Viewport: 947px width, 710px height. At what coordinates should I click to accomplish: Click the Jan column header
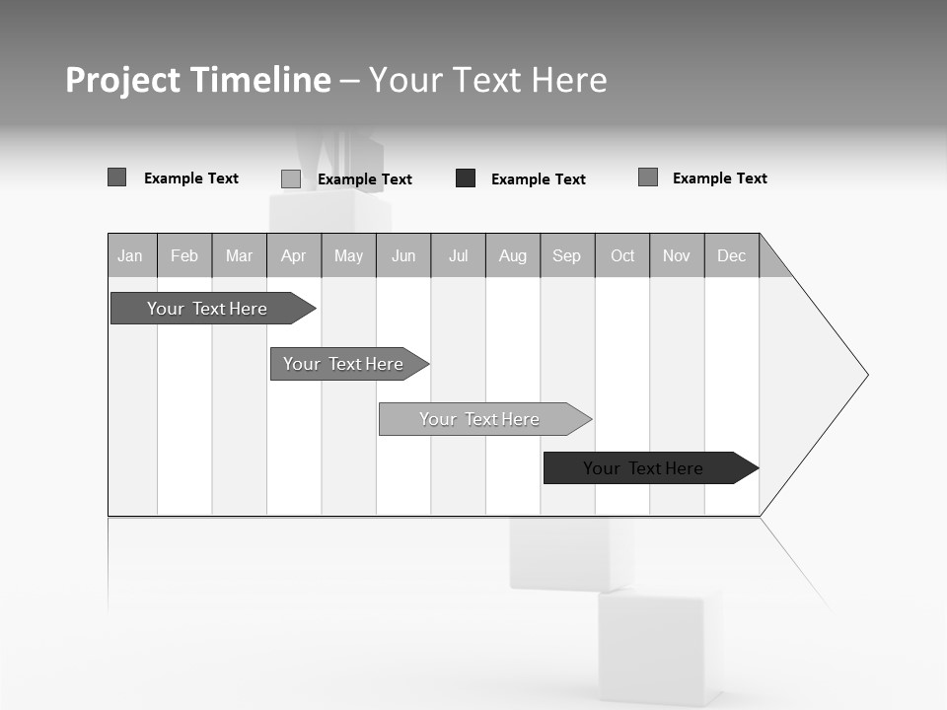point(131,256)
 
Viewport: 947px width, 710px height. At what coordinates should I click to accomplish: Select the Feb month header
point(184,256)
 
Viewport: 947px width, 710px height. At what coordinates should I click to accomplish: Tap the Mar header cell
point(239,256)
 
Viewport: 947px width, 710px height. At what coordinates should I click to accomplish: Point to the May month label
point(348,256)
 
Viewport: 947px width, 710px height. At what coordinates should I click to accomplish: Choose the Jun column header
point(403,256)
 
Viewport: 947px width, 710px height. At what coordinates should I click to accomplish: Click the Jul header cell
point(459,256)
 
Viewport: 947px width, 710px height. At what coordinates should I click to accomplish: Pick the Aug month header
point(513,256)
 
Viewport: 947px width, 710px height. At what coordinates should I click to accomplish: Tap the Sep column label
point(567,256)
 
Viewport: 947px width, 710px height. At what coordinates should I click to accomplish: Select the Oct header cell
point(622,256)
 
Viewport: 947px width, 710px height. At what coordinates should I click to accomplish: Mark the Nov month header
point(677,256)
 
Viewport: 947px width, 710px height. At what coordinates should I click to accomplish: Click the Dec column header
point(732,256)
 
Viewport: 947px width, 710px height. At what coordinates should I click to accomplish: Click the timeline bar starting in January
point(208,309)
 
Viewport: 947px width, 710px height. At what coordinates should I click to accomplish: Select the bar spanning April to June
point(344,364)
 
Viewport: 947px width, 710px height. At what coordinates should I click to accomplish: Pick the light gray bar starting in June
point(480,419)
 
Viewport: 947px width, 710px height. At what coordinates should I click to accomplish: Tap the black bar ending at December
point(644,468)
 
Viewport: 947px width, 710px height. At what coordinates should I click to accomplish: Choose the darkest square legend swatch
point(466,178)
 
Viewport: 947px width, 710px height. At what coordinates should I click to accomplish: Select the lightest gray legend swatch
point(291,178)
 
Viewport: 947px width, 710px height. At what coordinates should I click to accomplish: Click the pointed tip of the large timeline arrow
point(865,375)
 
